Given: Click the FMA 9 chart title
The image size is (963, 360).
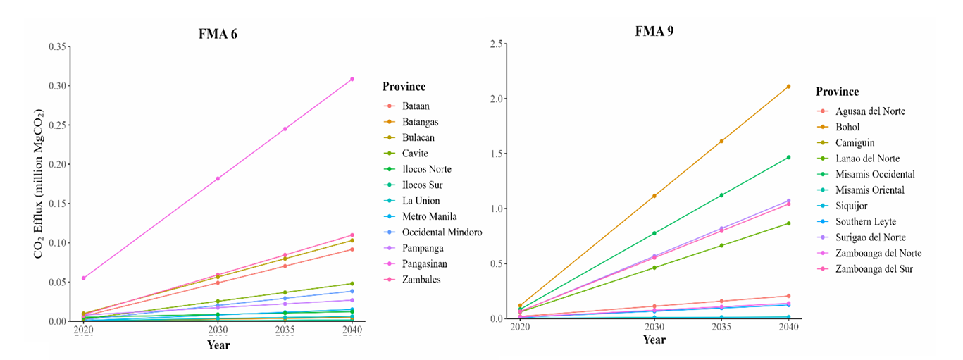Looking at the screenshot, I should pyautogui.click(x=654, y=31).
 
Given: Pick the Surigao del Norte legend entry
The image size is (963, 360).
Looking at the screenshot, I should pyautogui.click(x=870, y=237).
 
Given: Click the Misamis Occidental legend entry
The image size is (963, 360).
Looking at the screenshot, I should pyautogui.click(x=875, y=174).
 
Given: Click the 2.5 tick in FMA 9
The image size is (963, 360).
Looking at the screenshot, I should pyautogui.click(x=497, y=44).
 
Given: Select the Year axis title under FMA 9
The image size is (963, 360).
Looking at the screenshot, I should pyautogui.click(x=654, y=340).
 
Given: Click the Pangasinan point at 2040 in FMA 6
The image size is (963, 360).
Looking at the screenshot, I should pyautogui.click(x=352, y=79).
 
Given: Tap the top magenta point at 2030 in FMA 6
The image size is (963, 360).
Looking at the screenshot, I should pyautogui.click(x=218, y=178).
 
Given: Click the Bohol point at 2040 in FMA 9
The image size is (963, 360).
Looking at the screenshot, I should pyautogui.click(x=788, y=86).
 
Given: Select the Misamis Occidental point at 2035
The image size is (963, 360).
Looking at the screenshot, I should pyautogui.click(x=721, y=195).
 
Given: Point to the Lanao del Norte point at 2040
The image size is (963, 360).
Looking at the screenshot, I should pyautogui.click(x=788, y=223).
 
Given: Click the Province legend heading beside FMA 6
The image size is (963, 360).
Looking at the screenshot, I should pyautogui.click(x=404, y=87).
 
